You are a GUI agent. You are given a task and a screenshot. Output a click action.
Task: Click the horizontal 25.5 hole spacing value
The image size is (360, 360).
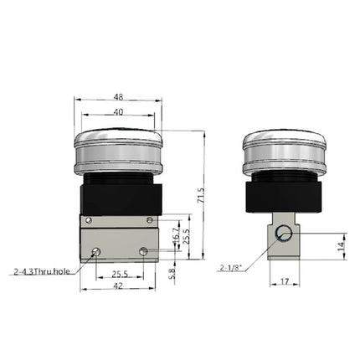pyautogui.click(x=120, y=274)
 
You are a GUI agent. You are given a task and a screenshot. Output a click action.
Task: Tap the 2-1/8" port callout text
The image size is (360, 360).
pyautogui.click(x=231, y=268)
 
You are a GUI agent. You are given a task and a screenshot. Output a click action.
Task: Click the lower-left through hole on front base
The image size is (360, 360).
pyautogui.click(x=97, y=252)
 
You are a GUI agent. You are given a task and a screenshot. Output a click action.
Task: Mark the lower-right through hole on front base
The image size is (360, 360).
pyautogui.click(x=144, y=251)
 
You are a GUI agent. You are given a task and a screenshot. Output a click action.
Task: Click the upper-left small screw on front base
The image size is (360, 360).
pyautogui.click(x=88, y=221)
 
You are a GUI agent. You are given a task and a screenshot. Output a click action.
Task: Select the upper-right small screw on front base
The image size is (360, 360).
pyautogui.click(x=149, y=221)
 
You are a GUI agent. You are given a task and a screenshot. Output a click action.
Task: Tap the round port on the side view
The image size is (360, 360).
pyautogui.click(x=284, y=234)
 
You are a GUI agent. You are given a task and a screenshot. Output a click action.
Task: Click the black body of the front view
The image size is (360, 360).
pyautogui.click(x=118, y=198)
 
